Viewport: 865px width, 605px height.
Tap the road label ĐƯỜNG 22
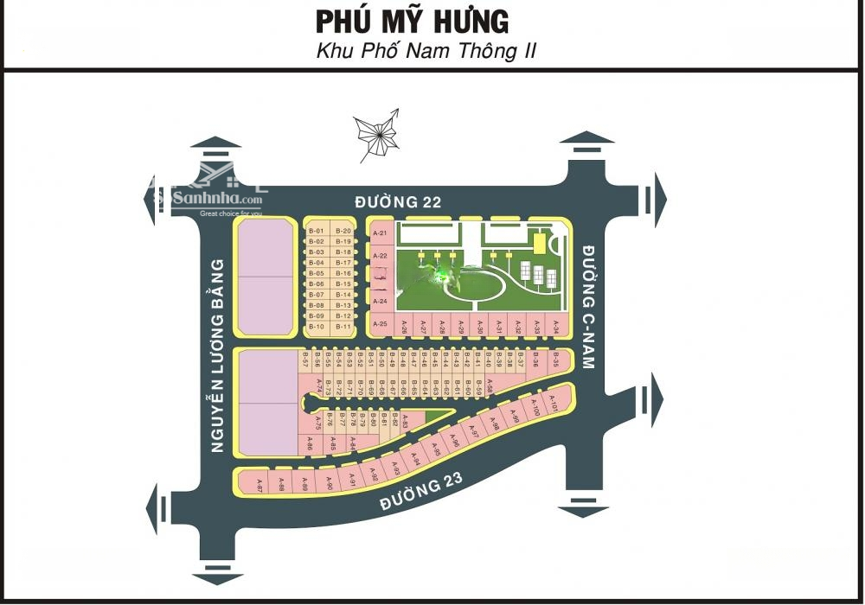[x=399, y=202]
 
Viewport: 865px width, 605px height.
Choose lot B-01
[x=316, y=231]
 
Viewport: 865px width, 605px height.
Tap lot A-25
[x=380, y=325]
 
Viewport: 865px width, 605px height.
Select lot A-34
[x=556, y=327]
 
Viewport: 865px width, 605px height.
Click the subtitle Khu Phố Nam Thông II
[x=426, y=50]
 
